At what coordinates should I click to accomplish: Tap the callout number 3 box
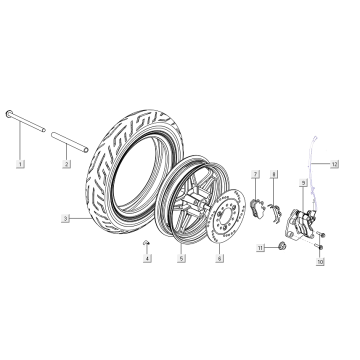point(65,217)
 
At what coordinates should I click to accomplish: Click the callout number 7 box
point(256,173)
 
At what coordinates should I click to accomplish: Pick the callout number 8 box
point(274,173)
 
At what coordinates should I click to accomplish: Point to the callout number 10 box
point(320,262)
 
